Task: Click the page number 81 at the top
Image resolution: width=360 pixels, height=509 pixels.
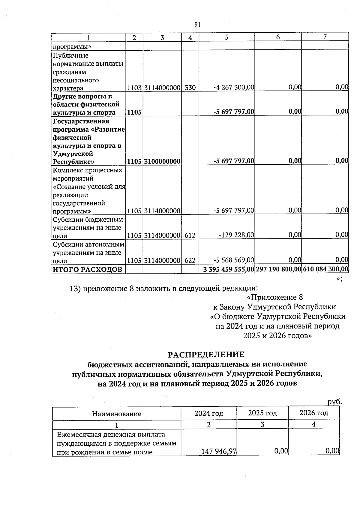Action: click(197, 25)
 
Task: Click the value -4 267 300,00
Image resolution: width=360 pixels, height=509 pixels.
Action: click(234, 88)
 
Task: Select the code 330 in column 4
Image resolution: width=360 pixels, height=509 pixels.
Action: click(190, 88)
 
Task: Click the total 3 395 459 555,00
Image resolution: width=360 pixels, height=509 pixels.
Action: click(228, 269)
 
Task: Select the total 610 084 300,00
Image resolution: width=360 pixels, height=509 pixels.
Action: click(325, 269)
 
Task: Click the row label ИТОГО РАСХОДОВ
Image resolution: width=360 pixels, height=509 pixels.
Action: click(88, 269)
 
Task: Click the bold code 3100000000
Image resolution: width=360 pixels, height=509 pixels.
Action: click(162, 161)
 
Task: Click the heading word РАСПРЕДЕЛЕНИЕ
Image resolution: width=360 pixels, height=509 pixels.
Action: click(206, 355)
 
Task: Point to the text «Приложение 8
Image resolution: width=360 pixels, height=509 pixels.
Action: click(274, 297)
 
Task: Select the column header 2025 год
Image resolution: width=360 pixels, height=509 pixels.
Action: click(262, 413)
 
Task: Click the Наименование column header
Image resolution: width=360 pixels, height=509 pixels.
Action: click(116, 414)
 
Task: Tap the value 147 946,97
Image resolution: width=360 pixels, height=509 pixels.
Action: click(219, 451)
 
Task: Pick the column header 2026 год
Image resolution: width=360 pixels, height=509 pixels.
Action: click(314, 413)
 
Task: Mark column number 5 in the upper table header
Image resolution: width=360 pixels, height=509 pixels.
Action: click(226, 37)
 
